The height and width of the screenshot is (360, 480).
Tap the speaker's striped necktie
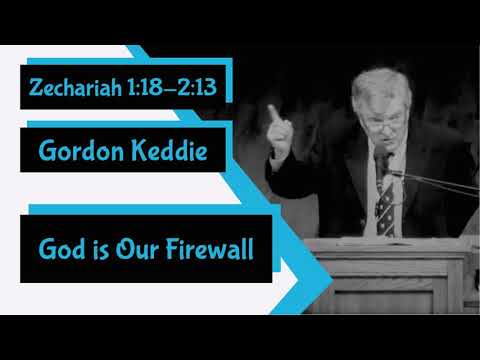[x=384, y=205]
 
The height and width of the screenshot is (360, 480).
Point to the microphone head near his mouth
[x=380, y=160]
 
